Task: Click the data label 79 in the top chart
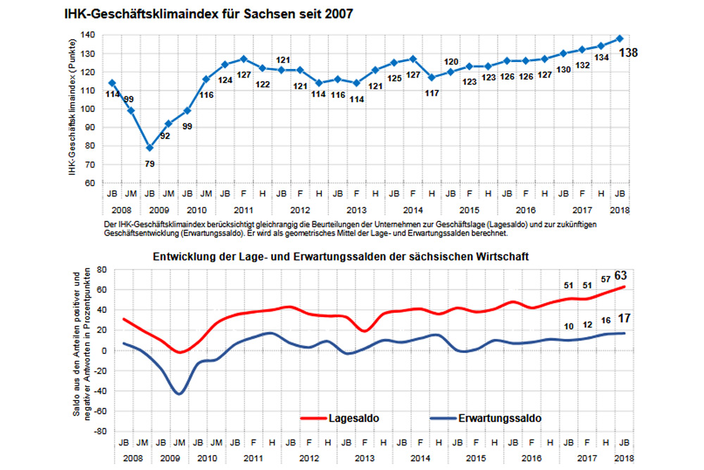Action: [150, 164]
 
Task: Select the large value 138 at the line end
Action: [628, 53]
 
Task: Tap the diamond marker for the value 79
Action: [149, 147]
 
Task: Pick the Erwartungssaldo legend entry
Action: [499, 418]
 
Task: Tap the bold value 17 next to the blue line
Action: [624, 319]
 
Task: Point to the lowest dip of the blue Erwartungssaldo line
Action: [179, 394]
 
